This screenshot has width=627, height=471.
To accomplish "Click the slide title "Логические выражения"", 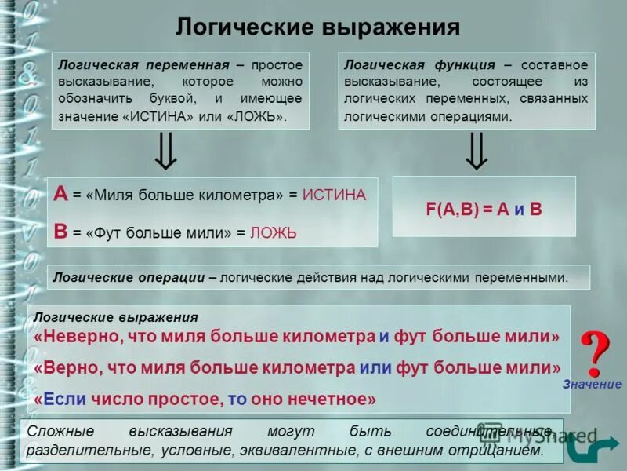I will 317,27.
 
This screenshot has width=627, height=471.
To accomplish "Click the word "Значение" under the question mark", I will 592,385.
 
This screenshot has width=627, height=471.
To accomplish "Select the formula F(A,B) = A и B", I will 484,210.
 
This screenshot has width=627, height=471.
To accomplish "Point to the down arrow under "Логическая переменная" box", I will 165,151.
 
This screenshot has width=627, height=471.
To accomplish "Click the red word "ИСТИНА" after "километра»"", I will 334,195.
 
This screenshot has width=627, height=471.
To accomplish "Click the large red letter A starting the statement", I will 60,194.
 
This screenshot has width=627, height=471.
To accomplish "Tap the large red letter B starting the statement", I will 60,231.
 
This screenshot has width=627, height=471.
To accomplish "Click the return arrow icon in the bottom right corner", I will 582,449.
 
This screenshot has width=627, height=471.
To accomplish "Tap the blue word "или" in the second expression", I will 375,367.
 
